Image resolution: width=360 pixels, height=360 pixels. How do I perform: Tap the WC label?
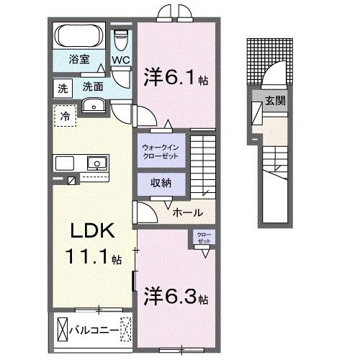[x=120, y=61]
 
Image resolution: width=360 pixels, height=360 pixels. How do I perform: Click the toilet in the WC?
[x=121, y=37]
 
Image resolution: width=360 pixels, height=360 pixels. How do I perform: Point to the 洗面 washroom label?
[x=92, y=86]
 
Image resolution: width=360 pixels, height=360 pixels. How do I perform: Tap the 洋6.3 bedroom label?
[x=176, y=296]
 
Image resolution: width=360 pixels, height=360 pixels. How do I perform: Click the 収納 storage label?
[x=161, y=183]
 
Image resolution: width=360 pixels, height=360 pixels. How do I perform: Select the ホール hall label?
[x=187, y=213]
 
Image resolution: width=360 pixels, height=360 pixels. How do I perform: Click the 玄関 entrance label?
[x=274, y=101]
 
